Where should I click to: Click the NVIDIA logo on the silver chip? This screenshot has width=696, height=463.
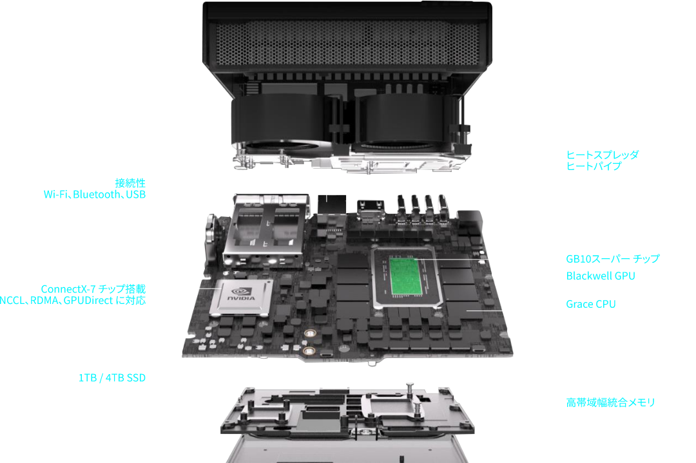[242, 294]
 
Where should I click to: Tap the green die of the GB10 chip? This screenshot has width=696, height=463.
[406, 276]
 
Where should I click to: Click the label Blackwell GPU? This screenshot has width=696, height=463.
[601, 276]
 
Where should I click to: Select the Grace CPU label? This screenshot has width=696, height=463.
[591, 304]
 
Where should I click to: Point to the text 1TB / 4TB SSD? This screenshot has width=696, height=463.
[112, 377]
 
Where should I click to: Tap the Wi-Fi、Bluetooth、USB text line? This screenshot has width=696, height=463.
[95, 194]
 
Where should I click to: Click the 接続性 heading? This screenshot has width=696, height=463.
[130, 183]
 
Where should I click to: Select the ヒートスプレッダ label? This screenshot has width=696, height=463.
[603, 155]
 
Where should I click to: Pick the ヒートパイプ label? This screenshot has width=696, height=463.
[594, 166]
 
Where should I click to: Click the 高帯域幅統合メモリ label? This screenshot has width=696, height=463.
[611, 402]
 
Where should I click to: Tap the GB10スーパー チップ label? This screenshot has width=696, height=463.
[613, 259]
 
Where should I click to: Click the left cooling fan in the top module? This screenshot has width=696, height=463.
[280, 124]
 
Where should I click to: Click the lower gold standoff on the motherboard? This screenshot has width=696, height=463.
[309, 351]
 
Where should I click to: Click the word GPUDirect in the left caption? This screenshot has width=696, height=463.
[88, 300]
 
